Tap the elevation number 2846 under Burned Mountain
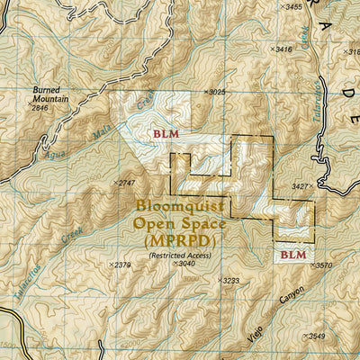(x=40, y=108)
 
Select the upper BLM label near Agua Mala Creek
(x=166, y=133)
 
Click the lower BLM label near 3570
(x=293, y=255)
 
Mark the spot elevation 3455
(x=292, y=7)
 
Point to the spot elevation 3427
(x=299, y=186)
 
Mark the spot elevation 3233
(x=231, y=281)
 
